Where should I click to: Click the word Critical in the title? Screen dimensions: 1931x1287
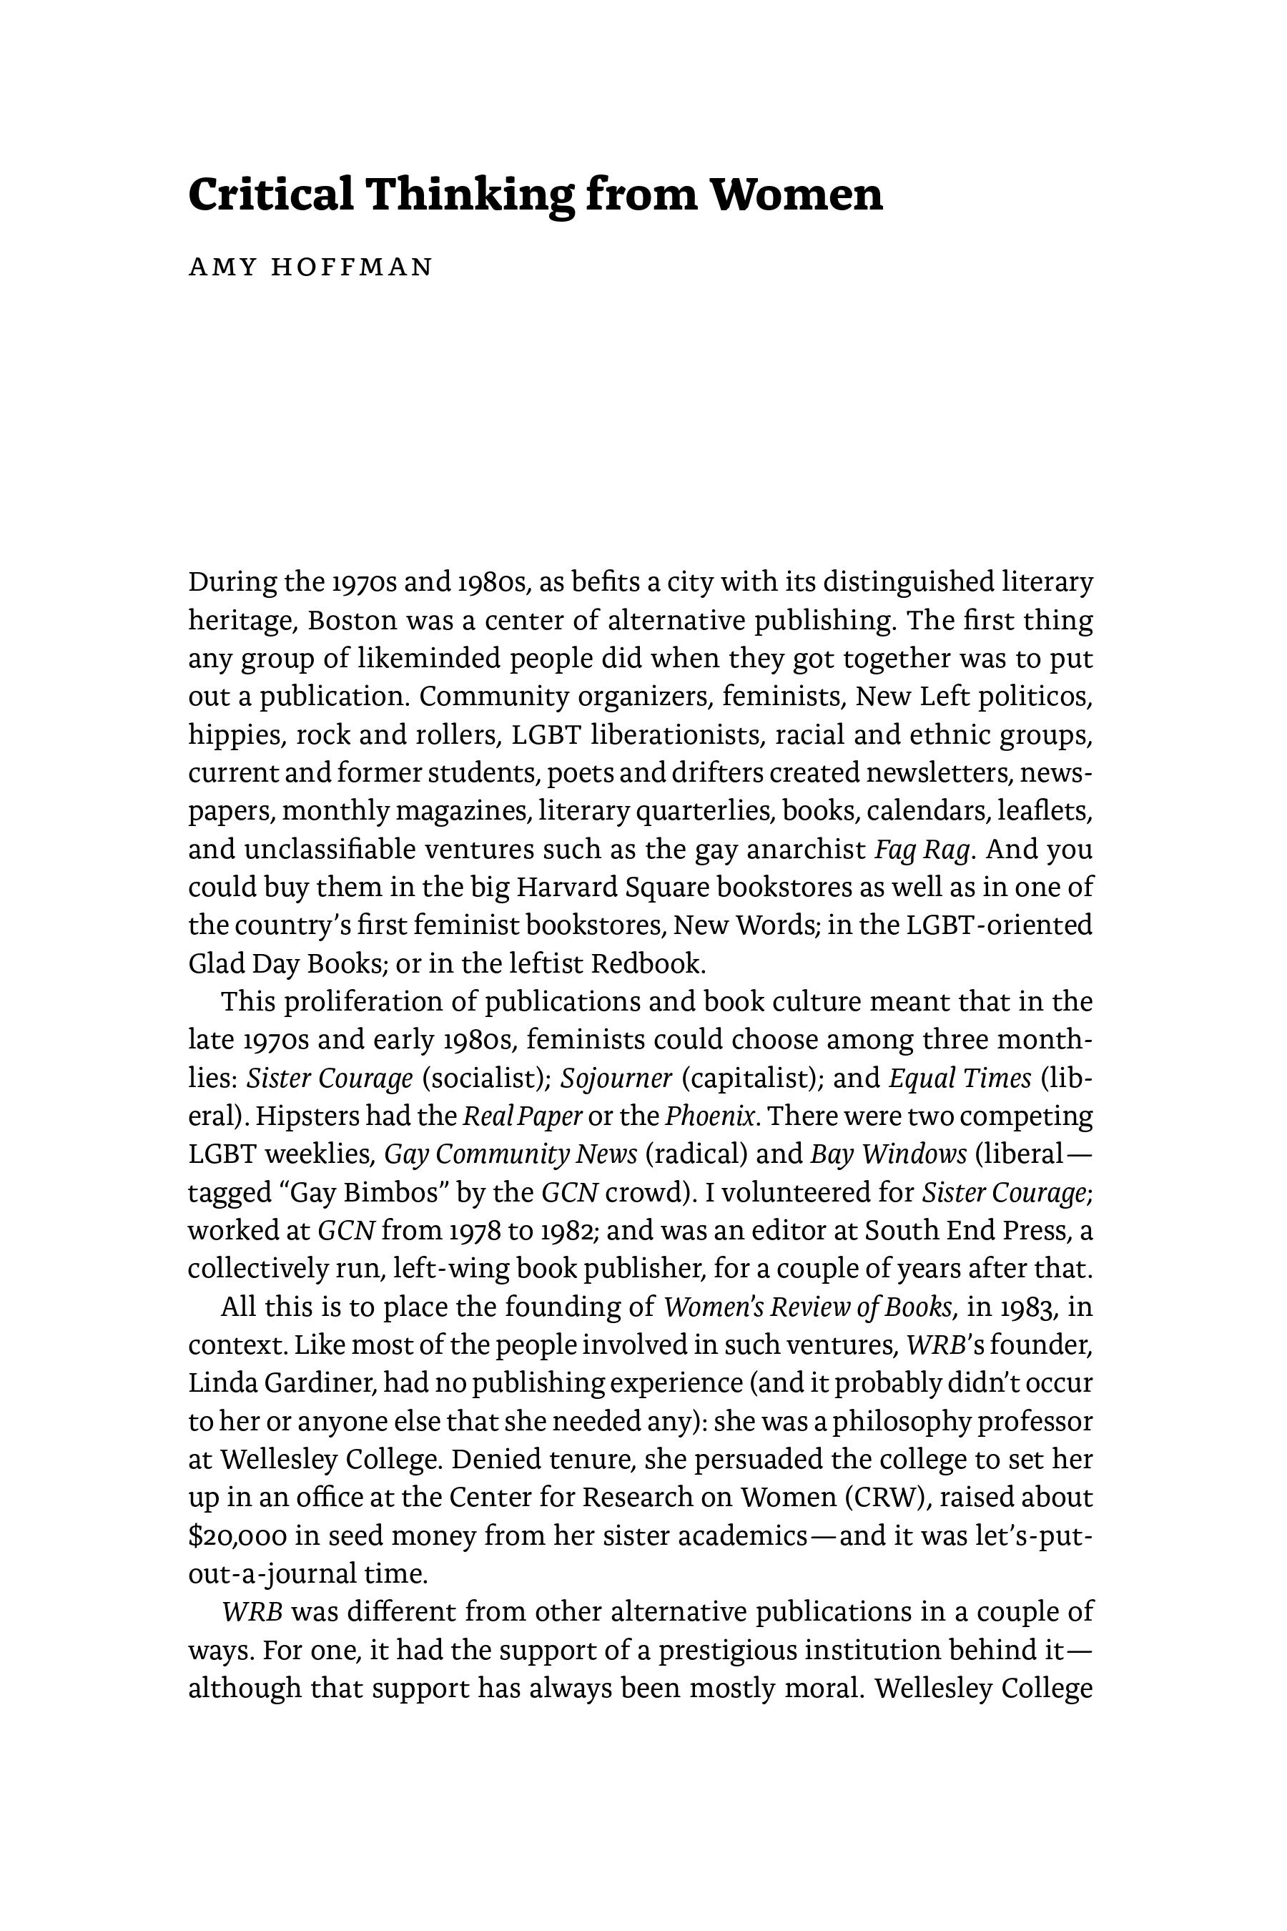[x=271, y=195]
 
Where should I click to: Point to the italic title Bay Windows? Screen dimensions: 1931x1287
[x=888, y=1154]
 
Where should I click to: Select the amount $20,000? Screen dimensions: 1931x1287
[x=238, y=1536]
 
